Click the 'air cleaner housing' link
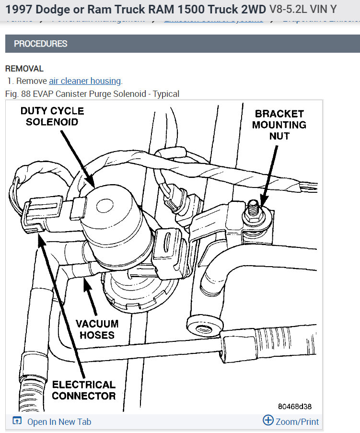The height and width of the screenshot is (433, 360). [x=85, y=81]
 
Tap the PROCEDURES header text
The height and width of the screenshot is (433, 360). [x=40, y=44]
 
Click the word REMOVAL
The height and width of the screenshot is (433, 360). [x=24, y=69]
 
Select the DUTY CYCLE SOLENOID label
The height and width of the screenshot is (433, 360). [x=52, y=117]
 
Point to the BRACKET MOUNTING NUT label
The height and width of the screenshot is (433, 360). [x=279, y=125]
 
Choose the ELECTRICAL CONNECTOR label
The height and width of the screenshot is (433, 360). [x=83, y=390]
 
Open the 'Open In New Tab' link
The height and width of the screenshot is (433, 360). [x=59, y=422]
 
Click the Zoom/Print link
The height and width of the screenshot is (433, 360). [x=297, y=422]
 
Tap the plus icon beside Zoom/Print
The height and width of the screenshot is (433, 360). [x=268, y=421]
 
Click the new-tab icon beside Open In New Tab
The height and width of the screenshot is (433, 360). [x=17, y=421]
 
